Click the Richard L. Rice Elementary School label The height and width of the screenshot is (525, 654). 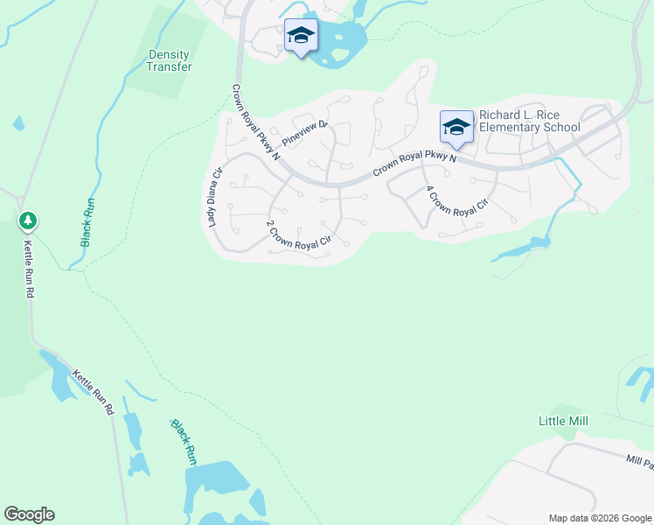click(x=529, y=122)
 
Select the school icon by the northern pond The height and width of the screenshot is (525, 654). click(x=301, y=36)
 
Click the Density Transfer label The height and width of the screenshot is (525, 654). click(x=170, y=60)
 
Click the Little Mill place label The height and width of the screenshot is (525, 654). click(x=563, y=421)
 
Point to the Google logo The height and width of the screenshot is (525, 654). click(x=29, y=514)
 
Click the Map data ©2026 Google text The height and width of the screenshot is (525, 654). click(x=600, y=518)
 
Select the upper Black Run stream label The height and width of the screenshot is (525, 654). click(x=89, y=222)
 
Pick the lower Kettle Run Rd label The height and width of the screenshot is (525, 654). click(x=93, y=389)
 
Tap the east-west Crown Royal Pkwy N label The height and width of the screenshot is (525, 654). click(x=415, y=163)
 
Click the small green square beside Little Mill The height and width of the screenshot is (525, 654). click(x=568, y=409)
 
